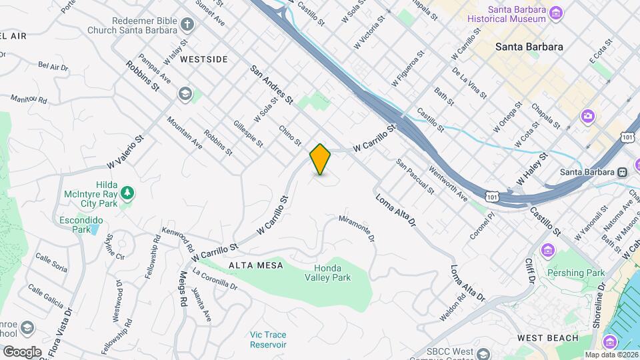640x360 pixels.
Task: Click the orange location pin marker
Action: coord(321,159)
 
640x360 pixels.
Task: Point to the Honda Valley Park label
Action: coord(332,272)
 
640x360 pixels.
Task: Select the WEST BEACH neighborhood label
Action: coord(547,338)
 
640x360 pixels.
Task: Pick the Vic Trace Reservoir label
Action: coord(268,339)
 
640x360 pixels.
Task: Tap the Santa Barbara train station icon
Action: coord(621,171)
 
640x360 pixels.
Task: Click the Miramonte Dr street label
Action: coord(357,229)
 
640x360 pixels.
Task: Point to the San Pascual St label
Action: coord(415,176)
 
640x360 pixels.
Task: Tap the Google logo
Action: coord(22,351)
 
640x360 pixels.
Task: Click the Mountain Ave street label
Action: coord(184,132)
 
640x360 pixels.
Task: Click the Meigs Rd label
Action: coord(183,286)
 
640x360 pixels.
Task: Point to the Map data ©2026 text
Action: coord(611,355)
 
